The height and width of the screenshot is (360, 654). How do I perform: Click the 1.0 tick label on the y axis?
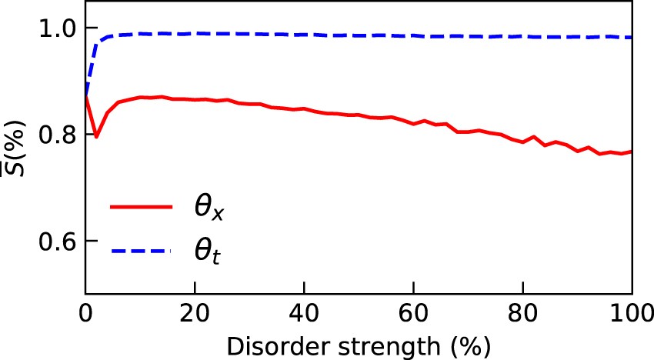click(x=57, y=28)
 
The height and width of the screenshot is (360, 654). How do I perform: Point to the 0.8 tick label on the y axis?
click(x=57, y=135)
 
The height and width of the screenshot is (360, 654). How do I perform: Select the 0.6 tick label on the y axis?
click(x=57, y=242)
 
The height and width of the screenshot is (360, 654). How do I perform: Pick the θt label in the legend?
click(x=205, y=251)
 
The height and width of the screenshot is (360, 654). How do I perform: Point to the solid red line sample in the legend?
click(x=142, y=207)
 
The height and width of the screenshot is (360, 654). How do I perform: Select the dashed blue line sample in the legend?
click(x=142, y=249)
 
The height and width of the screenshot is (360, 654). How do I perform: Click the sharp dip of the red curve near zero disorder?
click(x=96, y=137)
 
